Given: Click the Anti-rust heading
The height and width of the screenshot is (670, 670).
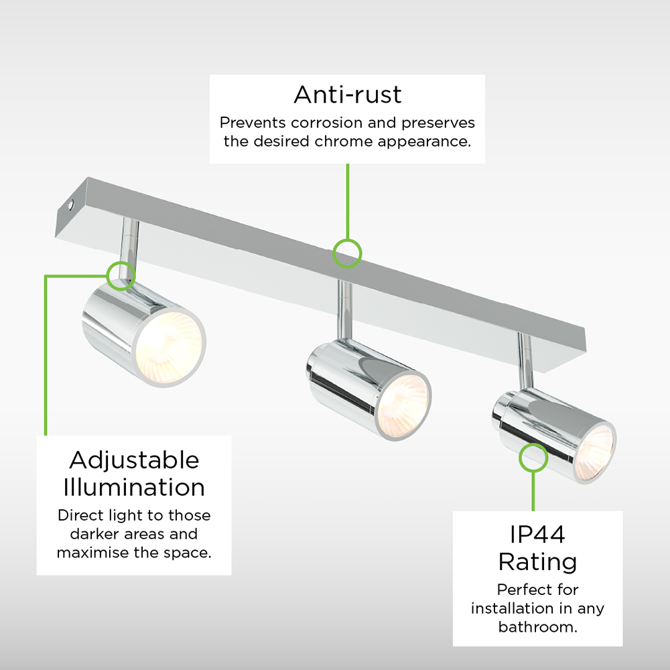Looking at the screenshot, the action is click(x=347, y=94).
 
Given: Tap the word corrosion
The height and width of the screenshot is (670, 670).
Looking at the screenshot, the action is click(x=328, y=123).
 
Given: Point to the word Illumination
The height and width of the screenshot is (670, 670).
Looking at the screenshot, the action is click(x=134, y=488).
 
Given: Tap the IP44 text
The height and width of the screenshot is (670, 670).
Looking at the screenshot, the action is click(x=537, y=534).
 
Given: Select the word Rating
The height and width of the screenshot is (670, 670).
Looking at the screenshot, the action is click(x=537, y=562).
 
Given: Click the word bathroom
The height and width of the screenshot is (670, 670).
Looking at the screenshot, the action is click(x=537, y=627).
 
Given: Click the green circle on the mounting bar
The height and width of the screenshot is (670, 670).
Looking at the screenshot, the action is click(x=347, y=254).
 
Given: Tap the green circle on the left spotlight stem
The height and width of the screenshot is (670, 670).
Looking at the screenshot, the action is click(x=121, y=275).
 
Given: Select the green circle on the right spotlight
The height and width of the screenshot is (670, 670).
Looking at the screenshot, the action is click(x=533, y=458).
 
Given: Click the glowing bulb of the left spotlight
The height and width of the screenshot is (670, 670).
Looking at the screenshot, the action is click(x=169, y=347).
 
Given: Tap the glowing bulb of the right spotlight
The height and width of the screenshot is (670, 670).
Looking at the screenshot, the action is click(x=594, y=452).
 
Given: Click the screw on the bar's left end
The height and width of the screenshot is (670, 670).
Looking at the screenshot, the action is click(x=70, y=205).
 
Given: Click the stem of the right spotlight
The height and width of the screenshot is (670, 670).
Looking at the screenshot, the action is click(x=525, y=361).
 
